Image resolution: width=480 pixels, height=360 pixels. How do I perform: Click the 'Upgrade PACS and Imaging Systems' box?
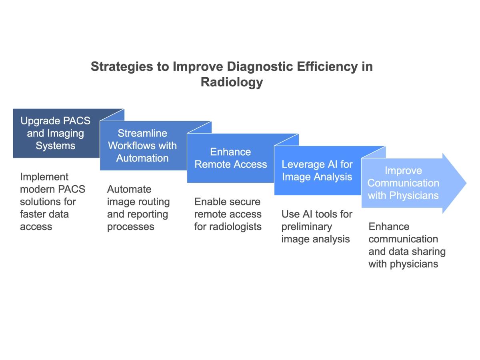pos(56,133)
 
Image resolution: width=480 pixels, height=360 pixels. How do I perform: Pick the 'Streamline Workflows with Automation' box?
pos(142,146)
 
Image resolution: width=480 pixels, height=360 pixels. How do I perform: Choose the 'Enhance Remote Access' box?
pos(230,158)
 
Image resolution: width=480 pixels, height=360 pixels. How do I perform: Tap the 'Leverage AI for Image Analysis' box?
pos(317,170)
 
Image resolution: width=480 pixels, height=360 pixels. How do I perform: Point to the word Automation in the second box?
pos(142,158)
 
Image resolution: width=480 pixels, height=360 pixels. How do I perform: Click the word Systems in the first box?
pos(56,146)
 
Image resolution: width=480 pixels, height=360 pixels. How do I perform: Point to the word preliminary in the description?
pos(307,226)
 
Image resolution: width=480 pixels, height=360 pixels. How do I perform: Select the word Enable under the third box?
pos(210,202)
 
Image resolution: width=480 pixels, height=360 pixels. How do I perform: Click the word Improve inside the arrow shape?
pos(403,170)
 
